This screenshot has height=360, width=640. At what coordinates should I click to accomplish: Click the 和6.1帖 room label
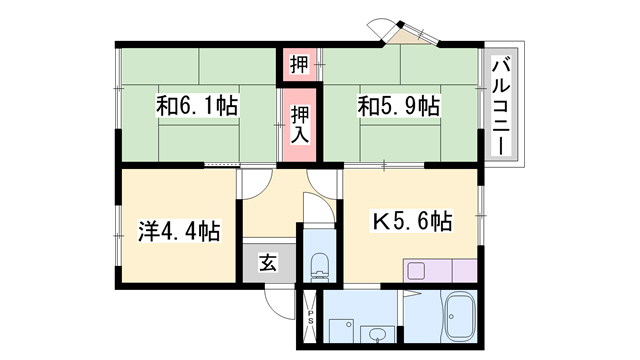(197, 106)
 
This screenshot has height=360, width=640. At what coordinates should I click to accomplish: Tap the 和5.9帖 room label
(399, 106)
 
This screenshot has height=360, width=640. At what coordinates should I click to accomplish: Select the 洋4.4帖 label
(179, 231)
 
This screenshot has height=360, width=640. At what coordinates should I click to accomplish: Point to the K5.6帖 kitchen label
(411, 222)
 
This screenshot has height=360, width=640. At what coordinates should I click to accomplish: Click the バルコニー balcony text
(501, 107)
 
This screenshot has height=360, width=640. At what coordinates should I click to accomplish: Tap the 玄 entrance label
(268, 263)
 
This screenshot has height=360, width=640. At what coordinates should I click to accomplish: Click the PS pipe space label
(311, 317)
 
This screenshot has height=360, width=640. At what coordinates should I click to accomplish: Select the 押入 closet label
(300, 125)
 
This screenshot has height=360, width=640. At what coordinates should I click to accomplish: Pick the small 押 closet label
(299, 64)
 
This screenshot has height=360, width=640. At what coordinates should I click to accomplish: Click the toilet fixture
(320, 266)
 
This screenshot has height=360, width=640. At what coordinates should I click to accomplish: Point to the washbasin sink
(377, 334)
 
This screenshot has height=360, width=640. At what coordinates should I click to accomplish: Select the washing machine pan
(341, 331)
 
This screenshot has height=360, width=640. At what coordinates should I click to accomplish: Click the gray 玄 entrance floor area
(269, 263)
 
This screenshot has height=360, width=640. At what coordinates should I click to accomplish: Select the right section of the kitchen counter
(464, 270)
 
